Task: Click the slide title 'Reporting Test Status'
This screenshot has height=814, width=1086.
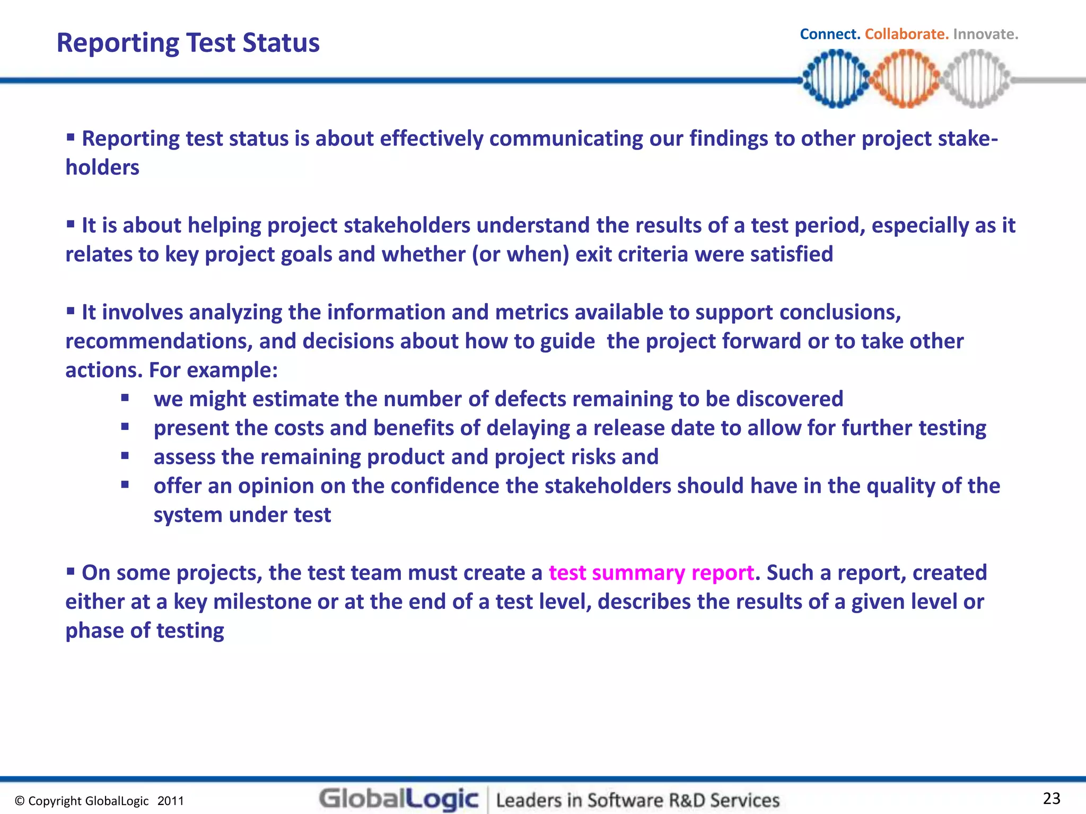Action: click(x=188, y=43)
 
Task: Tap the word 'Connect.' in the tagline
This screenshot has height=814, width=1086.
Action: click(x=830, y=34)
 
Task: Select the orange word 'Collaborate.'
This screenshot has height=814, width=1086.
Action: click(x=906, y=34)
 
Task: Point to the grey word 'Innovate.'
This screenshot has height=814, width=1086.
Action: click(x=985, y=34)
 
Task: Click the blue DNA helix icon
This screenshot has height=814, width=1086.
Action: click(x=836, y=78)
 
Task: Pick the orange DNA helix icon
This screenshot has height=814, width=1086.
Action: click(x=906, y=78)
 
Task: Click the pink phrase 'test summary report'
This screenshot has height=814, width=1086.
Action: click(x=651, y=573)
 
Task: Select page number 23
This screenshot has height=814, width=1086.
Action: click(x=1052, y=798)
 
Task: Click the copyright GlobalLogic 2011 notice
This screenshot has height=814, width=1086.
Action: click(x=99, y=801)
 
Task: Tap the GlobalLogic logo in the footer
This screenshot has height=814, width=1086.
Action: click(x=399, y=799)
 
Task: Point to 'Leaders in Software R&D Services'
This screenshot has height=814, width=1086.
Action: click(x=638, y=800)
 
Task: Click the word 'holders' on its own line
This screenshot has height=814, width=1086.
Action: click(x=102, y=167)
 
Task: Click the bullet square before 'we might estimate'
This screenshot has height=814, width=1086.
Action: click(x=125, y=397)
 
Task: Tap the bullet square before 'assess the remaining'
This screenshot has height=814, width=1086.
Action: click(x=125, y=455)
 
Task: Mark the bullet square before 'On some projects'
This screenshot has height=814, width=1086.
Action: click(x=71, y=571)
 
